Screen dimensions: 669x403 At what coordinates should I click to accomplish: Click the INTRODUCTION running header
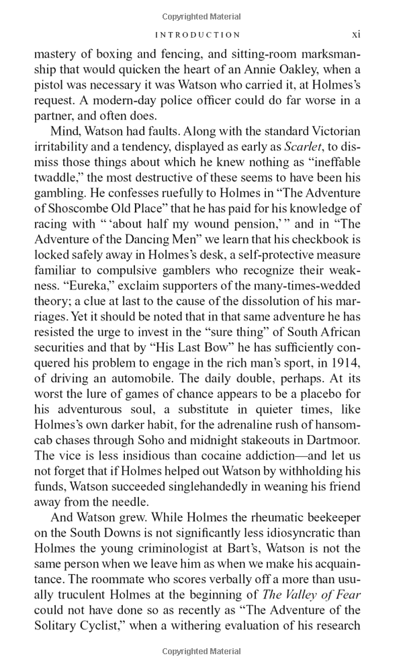197,34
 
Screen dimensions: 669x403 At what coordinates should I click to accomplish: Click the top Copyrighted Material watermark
201,15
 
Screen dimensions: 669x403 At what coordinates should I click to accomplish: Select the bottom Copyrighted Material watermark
201,652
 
